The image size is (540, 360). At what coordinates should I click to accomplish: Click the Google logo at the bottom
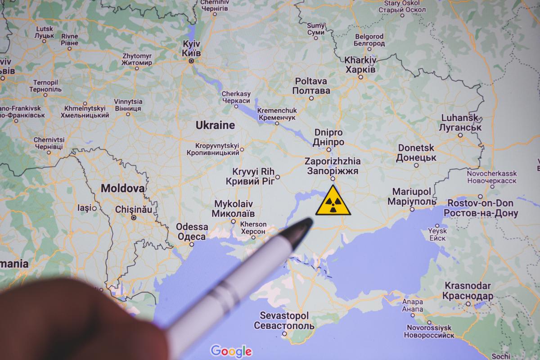(231, 351)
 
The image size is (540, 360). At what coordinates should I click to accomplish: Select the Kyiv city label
(191, 48)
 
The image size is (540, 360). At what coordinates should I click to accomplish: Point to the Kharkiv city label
(360, 65)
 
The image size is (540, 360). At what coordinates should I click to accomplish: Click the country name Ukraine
(215, 125)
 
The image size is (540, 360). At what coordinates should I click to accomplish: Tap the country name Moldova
(122, 188)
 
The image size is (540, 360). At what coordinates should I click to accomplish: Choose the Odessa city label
(192, 232)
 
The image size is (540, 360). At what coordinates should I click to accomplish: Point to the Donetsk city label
(416, 153)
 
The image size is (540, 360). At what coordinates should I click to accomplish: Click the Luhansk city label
(459, 122)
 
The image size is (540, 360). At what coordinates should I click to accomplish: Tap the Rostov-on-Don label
(480, 208)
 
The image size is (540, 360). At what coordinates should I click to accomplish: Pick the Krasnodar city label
(468, 291)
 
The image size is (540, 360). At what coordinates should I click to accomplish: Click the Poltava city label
(311, 86)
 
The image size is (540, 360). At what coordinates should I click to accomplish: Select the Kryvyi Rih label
(252, 176)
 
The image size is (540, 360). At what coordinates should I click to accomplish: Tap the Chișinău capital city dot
(134, 217)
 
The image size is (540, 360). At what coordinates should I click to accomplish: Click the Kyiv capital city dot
(191, 60)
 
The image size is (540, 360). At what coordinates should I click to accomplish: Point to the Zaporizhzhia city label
(332, 166)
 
